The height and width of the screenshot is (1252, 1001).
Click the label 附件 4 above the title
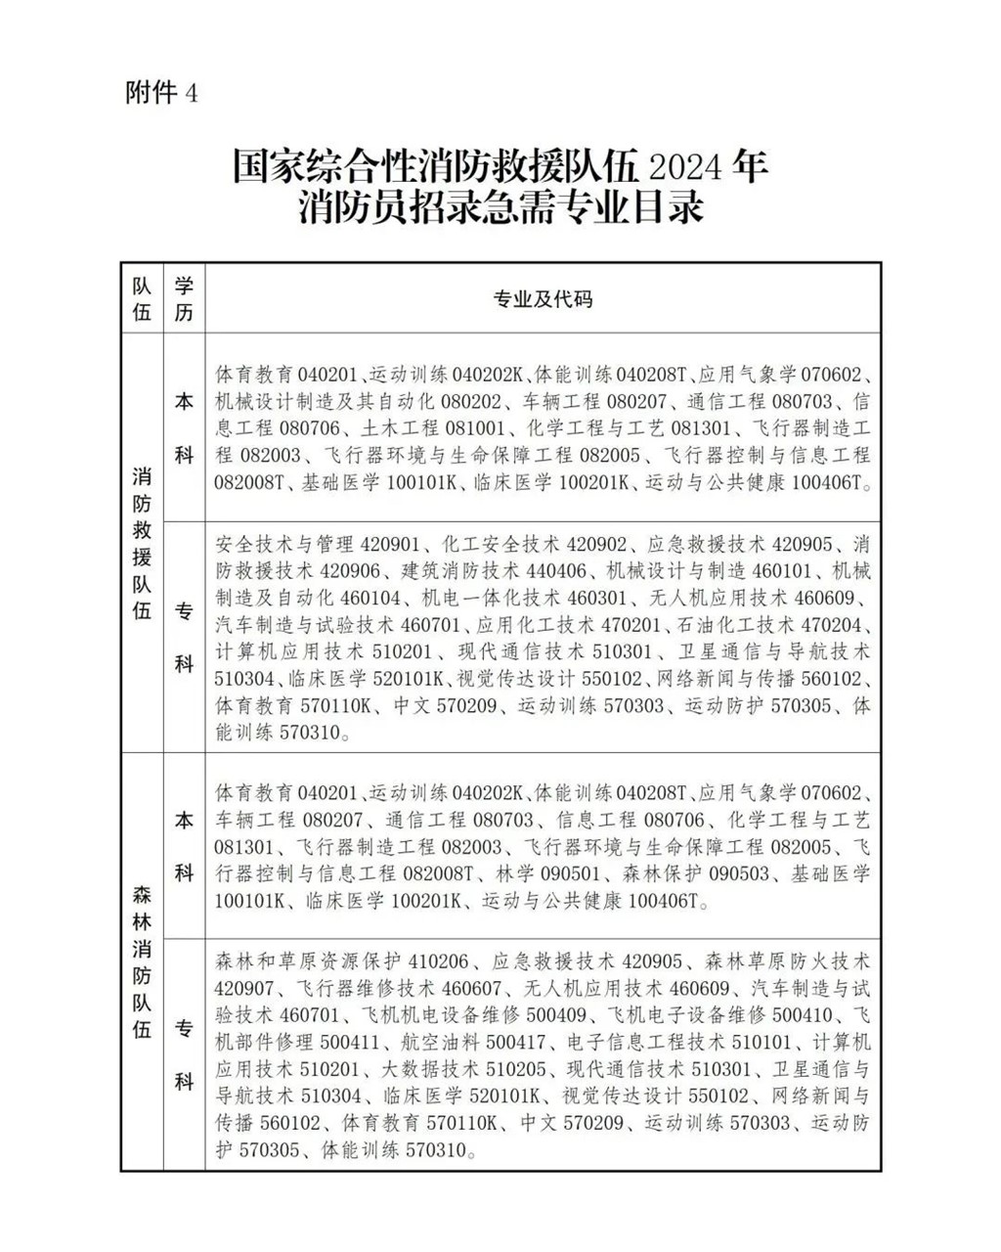tap(161, 94)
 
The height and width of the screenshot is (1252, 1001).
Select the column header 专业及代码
tap(543, 298)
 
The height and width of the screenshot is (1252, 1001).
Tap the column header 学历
tap(184, 298)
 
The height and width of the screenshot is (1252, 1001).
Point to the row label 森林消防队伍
tap(142, 961)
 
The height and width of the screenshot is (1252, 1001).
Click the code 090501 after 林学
tap(575, 874)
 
